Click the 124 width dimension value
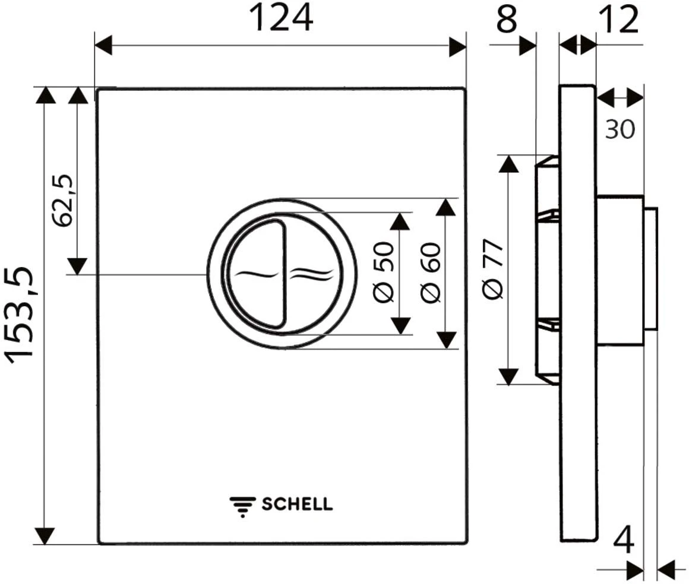(281, 18)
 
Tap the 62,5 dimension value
(61, 200)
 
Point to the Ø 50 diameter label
(384, 272)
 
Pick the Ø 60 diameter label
(430, 272)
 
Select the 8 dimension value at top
(507, 19)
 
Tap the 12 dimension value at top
(619, 20)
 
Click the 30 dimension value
(620, 129)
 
